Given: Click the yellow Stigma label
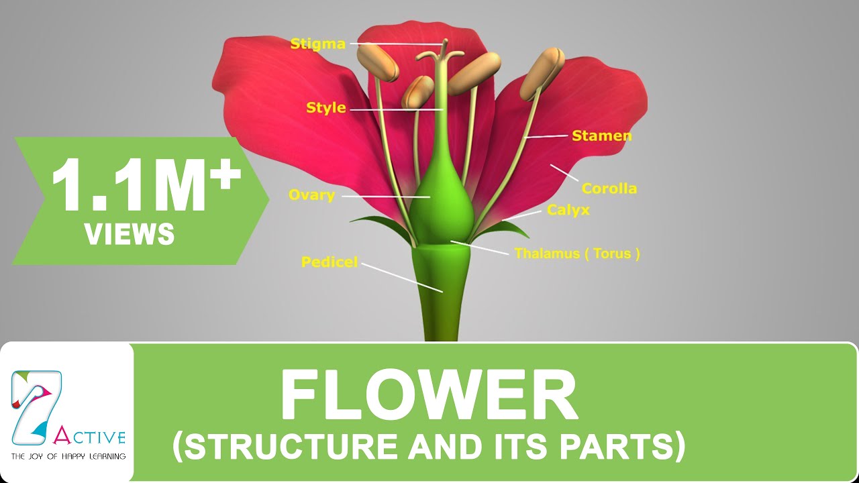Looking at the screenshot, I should pos(317,44).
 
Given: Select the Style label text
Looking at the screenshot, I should pos(326,107).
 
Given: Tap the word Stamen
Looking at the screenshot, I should pos(601,136).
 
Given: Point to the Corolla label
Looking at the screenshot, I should pos(609,189).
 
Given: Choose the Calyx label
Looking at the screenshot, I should pos(568,210).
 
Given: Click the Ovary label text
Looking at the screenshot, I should pos(311,195).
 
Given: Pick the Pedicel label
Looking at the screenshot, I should pos(330,262).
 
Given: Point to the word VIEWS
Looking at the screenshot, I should pos(130,234).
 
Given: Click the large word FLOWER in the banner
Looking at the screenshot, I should pos(429,395).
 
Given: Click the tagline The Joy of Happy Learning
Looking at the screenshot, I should pos(68,456).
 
